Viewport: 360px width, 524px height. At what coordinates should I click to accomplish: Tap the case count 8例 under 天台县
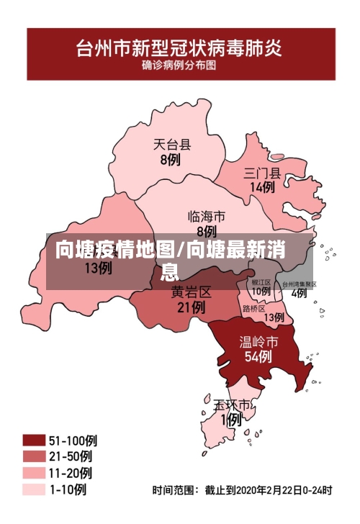[x=170, y=160]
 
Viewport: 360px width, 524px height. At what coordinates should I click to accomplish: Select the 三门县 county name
[x=262, y=173]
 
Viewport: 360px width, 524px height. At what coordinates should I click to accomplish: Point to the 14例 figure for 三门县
[x=262, y=187]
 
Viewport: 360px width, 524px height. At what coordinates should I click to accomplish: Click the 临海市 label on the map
[x=207, y=216]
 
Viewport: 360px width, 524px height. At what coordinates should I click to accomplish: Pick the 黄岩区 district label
[x=191, y=292]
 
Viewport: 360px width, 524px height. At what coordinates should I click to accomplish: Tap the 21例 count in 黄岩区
[x=191, y=307]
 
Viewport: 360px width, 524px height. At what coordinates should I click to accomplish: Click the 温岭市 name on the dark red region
[x=258, y=340]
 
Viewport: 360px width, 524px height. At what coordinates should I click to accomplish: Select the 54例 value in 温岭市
[x=258, y=356]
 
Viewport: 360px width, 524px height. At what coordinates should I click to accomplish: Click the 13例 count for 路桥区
[x=274, y=317]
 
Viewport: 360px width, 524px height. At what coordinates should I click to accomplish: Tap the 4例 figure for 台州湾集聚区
[x=299, y=294]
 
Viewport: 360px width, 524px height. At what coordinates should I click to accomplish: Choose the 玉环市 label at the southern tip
[x=232, y=405]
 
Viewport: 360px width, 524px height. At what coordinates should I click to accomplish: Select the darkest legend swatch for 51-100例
[x=34, y=441]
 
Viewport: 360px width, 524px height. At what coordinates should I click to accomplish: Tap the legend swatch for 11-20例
[x=34, y=473]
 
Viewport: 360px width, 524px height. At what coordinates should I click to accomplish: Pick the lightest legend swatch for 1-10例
[x=34, y=489]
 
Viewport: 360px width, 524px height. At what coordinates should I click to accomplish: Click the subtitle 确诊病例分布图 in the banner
[x=180, y=64]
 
